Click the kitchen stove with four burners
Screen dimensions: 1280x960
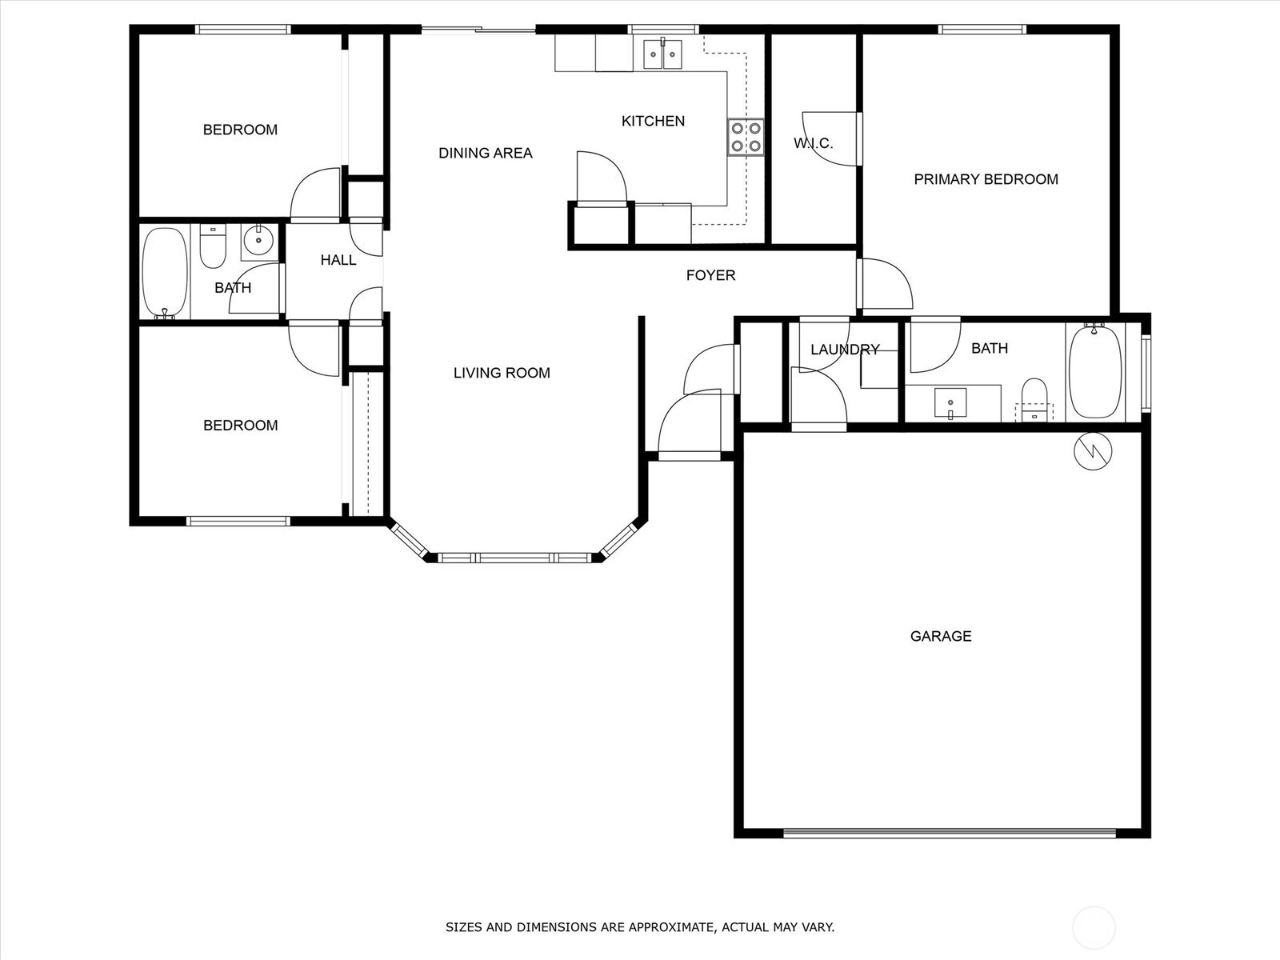pyautogui.click(x=746, y=138)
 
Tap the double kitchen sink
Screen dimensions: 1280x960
pyautogui.click(x=662, y=54)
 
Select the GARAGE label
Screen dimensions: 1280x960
pyautogui.click(x=941, y=636)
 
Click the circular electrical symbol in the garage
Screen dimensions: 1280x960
pyautogui.click(x=1093, y=450)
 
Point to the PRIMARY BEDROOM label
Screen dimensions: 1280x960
pyautogui.click(x=986, y=179)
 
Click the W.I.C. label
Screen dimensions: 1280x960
pyautogui.click(x=813, y=143)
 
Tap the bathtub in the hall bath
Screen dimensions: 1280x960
pyautogui.click(x=166, y=273)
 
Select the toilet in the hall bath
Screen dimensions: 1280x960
pyautogui.click(x=212, y=246)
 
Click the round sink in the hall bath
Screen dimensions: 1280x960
pyautogui.click(x=259, y=239)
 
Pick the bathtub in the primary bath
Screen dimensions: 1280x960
pyautogui.click(x=1094, y=370)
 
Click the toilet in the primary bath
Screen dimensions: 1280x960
pyautogui.click(x=1034, y=400)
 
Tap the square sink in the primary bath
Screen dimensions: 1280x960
pyautogui.click(x=950, y=403)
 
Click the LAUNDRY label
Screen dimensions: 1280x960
pyautogui.click(x=844, y=349)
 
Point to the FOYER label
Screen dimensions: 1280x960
pyautogui.click(x=710, y=275)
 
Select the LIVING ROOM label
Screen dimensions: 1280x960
pyautogui.click(x=502, y=373)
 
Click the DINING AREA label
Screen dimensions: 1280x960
pyautogui.click(x=485, y=153)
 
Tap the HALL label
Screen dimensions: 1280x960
pyautogui.click(x=338, y=260)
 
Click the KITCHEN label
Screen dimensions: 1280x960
pyautogui.click(x=653, y=121)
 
